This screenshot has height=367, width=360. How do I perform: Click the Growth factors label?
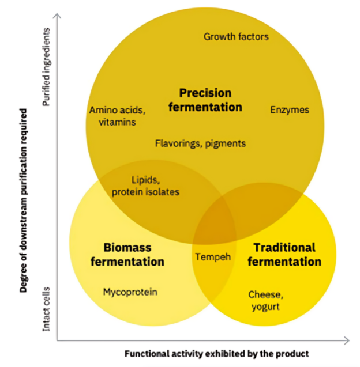(x=236, y=37)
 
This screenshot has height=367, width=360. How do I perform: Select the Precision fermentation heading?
(x=205, y=100)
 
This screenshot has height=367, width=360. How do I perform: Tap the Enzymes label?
(x=290, y=109)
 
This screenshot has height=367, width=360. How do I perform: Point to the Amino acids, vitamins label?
(x=117, y=116)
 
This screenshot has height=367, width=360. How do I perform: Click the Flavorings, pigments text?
(x=200, y=143)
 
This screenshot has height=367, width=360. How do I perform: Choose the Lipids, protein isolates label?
(x=145, y=186)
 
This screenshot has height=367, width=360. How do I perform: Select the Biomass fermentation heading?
(x=127, y=254)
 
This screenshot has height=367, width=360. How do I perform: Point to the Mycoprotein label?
(x=130, y=292)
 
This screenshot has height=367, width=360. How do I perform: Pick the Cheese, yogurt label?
(x=266, y=300)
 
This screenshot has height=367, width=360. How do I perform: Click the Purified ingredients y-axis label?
(x=47, y=66)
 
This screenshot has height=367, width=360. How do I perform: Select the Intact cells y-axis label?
(x=47, y=309)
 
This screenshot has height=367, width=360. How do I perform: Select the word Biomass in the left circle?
(x=127, y=248)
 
